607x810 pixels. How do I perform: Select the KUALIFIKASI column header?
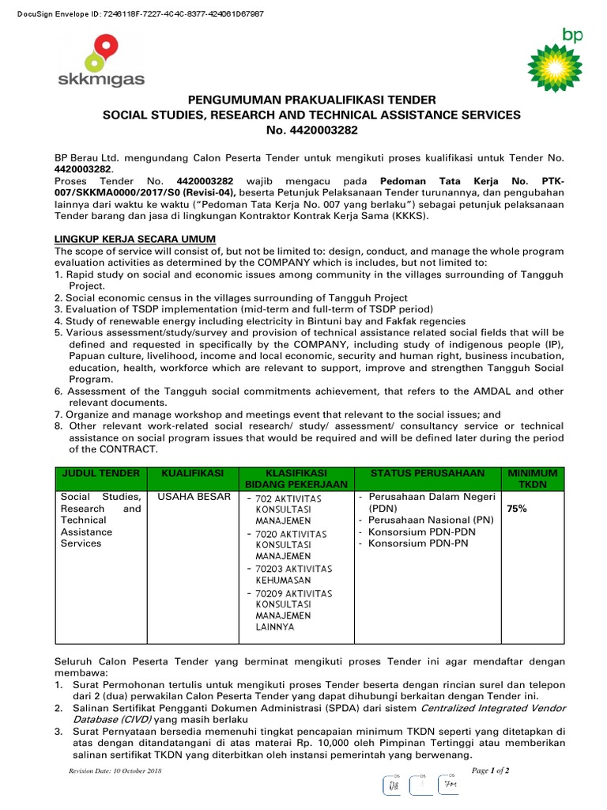(193, 473)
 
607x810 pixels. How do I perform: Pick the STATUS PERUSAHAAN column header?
(428, 473)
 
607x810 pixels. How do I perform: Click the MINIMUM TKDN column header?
(537, 479)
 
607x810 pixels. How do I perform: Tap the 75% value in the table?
(517, 509)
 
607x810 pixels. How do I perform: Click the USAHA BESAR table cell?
(194, 497)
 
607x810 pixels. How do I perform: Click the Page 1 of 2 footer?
(490, 770)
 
